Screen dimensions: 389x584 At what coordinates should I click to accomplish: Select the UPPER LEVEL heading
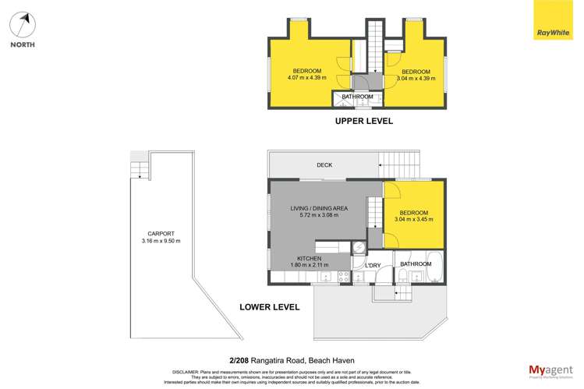pyautogui.click(x=363, y=121)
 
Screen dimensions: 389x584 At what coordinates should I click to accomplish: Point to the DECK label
pyautogui.click(x=325, y=165)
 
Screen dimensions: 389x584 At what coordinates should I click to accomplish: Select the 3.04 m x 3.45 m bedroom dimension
pyautogui.click(x=414, y=221)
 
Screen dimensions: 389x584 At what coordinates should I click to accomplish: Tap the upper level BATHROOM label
pyautogui.click(x=358, y=97)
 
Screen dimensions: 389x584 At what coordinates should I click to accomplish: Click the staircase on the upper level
pyautogui.click(x=376, y=39)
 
